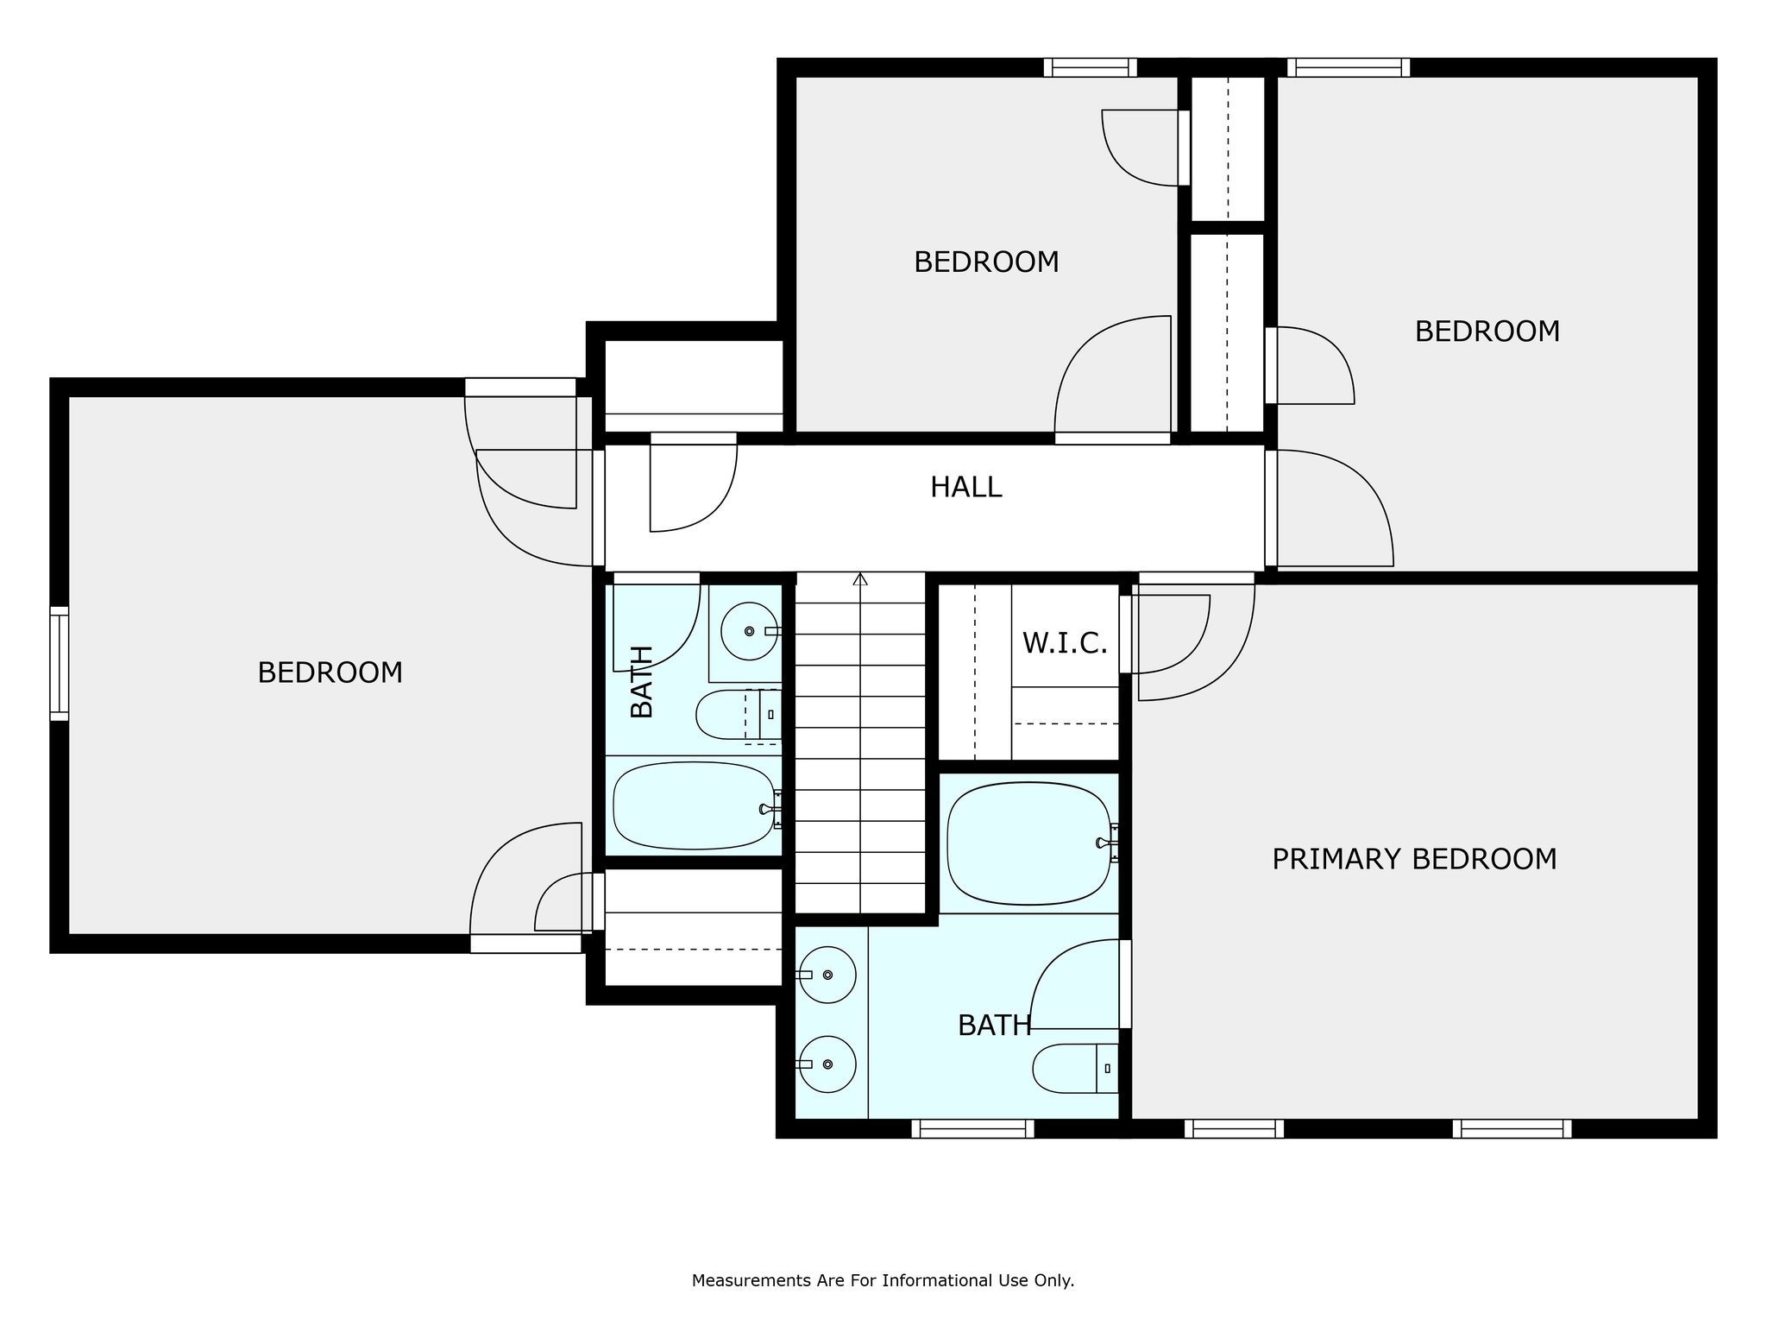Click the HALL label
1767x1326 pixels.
(x=965, y=487)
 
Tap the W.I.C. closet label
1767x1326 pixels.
(x=1065, y=643)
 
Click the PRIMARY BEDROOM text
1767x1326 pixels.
(x=1414, y=859)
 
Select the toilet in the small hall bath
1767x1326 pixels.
(x=739, y=715)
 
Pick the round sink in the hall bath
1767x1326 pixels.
(x=749, y=631)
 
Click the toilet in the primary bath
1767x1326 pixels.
(x=1076, y=1069)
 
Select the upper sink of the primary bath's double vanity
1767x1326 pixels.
(x=827, y=975)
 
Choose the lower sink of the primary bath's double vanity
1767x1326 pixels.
(x=827, y=1064)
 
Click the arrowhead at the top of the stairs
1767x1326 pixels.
(x=860, y=578)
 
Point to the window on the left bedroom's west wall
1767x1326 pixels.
(x=59, y=663)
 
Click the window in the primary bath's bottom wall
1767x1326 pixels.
(x=972, y=1128)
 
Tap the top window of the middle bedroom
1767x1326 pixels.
(x=1090, y=67)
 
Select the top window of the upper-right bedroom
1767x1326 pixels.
(x=1349, y=67)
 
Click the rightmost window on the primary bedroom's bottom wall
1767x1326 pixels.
(x=1512, y=1128)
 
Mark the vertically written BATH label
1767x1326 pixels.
(x=642, y=682)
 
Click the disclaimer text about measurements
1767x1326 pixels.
(x=883, y=1281)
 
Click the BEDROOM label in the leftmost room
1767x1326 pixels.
(x=330, y=672)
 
